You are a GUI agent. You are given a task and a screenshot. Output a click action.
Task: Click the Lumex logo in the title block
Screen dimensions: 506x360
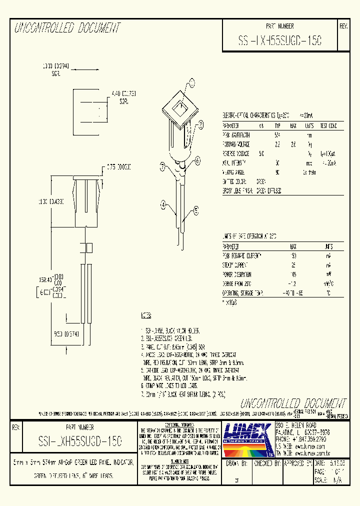(x=247, y=438)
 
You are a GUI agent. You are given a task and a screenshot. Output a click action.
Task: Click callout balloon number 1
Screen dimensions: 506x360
(x=193, y=83)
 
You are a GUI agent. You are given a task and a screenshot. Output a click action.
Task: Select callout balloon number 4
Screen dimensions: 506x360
(x=163, y=203)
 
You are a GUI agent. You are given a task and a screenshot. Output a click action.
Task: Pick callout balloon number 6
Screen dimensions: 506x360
(x=197, y=160)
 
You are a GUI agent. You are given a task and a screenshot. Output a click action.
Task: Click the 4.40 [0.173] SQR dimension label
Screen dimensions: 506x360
(x=120, y=96)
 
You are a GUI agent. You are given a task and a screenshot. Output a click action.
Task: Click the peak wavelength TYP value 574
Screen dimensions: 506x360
(x=278, y=135)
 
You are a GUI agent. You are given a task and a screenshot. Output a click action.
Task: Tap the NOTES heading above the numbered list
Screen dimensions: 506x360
(x=146, y=316)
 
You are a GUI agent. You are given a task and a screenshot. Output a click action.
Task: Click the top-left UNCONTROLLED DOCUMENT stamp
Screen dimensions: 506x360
(x=67, y=28)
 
